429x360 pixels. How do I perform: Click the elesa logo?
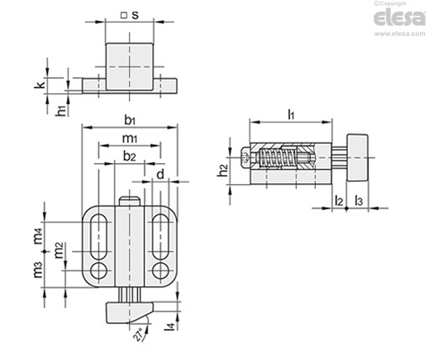(x=400, y=18)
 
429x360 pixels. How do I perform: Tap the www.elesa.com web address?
(x=400, y=33)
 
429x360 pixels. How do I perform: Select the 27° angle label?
(x=138, y=334)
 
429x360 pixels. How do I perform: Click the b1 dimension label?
(x=130, y=121)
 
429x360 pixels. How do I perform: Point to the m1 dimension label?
(x=130, y=138)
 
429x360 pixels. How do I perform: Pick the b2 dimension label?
(x=129, y=157)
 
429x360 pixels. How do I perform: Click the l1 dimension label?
(x=291, y=114)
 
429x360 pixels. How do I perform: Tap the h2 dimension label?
(x=223, y=171)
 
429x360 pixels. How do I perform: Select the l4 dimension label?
(x=170, y=327)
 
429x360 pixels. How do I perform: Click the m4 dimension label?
(x=39, y=236)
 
